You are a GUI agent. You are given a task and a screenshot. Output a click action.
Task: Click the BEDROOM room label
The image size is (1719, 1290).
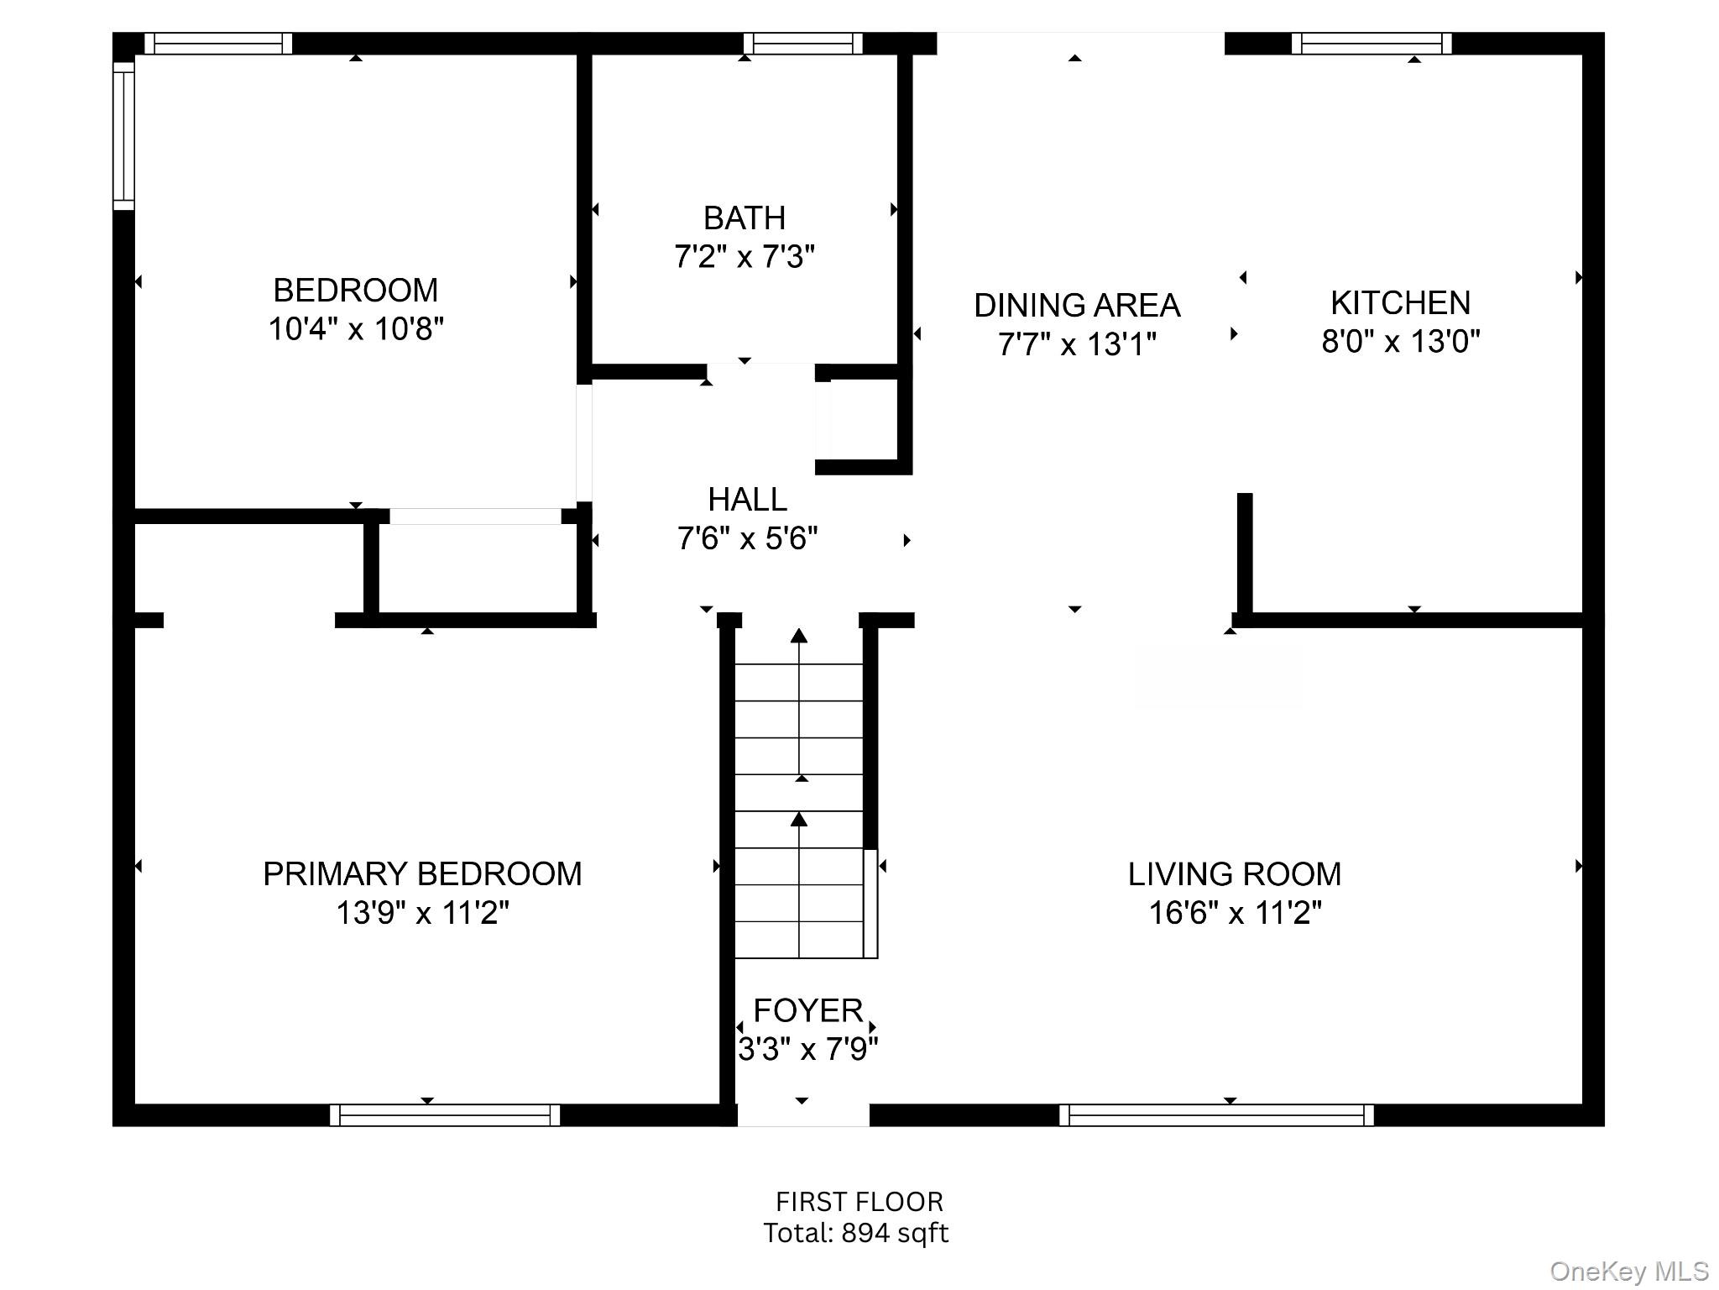(355, 291)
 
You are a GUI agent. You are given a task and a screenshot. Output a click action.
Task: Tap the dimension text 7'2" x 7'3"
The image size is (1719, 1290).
(745, 256)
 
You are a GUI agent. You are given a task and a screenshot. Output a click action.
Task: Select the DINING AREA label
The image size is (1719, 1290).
(1076, 306)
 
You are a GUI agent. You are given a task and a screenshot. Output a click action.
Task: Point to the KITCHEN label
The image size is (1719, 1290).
(1400, 303)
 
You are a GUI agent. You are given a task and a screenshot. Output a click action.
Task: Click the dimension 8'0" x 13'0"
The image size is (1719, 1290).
(1400, 342)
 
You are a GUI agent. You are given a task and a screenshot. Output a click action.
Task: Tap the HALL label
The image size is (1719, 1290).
(747, 500)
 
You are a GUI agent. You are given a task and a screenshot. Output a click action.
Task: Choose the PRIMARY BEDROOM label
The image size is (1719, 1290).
(422, 874)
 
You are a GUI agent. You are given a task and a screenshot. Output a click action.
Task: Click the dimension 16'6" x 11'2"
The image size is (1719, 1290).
(1234, 913)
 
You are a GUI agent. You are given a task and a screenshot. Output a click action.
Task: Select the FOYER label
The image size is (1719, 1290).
(807, 1010)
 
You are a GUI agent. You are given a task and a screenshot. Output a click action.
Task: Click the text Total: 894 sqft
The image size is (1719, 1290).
(855, 1233)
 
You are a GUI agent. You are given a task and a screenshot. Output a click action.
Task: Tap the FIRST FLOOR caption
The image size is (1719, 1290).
(859, 1202)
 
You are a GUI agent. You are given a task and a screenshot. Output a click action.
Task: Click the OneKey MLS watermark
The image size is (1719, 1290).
(1628, 1272)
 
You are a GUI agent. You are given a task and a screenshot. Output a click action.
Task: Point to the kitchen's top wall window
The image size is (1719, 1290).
(1371, 43)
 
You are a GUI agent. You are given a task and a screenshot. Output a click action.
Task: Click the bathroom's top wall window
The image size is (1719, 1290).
(802, 43)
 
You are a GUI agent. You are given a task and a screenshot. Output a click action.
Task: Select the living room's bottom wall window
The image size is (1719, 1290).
(1216, 1115)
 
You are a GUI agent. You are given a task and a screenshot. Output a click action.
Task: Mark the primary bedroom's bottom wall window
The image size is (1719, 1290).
(444, 1115)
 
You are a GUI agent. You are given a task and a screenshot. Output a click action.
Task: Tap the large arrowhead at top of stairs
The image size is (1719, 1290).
(799, 636)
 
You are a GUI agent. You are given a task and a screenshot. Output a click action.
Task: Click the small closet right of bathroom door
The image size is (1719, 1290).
(865, 420)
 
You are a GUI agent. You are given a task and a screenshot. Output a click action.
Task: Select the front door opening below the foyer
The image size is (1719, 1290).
(803, 1115)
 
